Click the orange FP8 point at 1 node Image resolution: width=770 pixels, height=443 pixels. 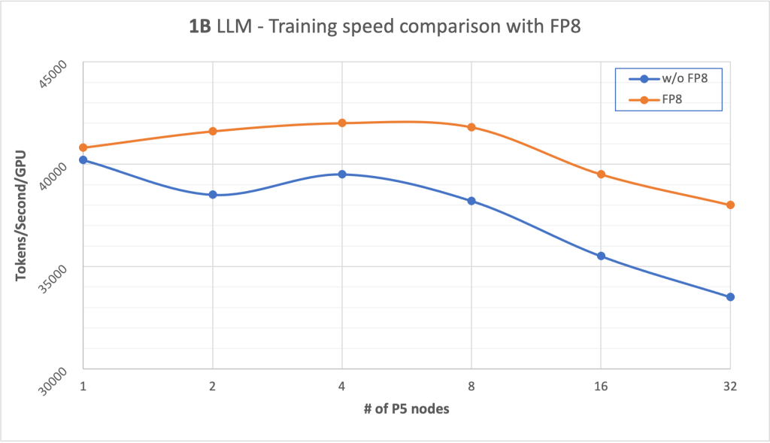pyautogui.click(x=83, y=147)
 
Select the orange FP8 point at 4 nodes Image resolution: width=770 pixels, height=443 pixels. pyautogui.click(x=342, y=123)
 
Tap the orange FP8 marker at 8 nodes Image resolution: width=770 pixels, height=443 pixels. pyautogui.click(x=471, y=127)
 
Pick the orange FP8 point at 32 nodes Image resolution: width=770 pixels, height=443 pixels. pyautogui.click(x=730, y=205)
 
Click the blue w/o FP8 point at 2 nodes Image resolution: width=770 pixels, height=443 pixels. pyautogui.click(x=213, y=195)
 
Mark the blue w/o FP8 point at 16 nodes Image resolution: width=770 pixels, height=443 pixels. pyautogui.click(x=601, y=256)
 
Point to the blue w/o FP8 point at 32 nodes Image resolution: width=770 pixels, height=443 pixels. pyautogui.click(x=730, y=297)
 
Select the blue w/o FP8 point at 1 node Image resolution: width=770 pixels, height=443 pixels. pyautogui.click(x=83, y=159)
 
